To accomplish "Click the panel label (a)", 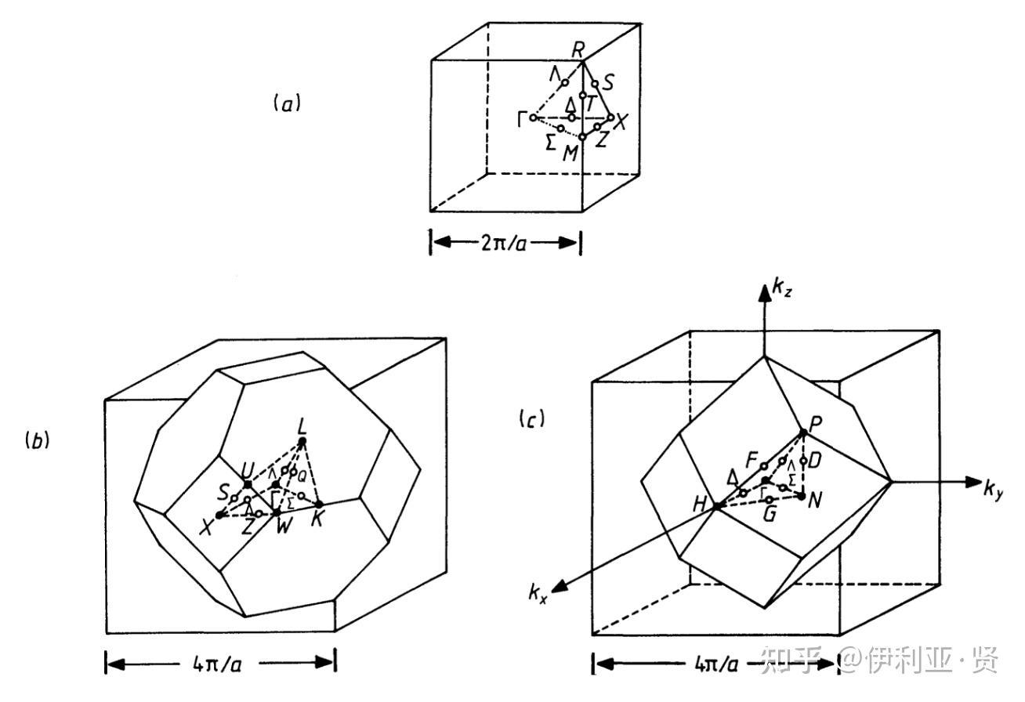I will [286, 103].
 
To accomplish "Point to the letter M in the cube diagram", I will [570, 153].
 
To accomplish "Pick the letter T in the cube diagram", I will [592, 103].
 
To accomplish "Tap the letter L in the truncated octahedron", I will [302, 427].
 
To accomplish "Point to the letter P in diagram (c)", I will [814, 422].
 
